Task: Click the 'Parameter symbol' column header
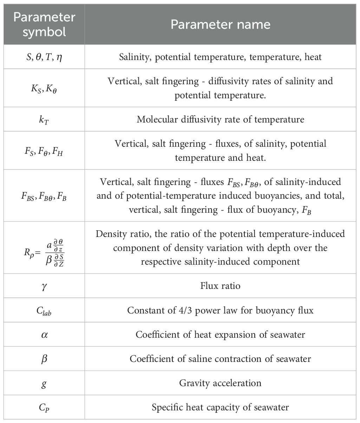tap(44, 24)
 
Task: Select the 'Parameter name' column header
tap(221, 24)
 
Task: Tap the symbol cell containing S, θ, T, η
tap(44, 57)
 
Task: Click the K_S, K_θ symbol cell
tap(44, 88)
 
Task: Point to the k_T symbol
tap(44, 120)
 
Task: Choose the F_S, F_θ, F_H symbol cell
tap(44, 151)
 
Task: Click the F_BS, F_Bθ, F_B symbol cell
tap(44, 196)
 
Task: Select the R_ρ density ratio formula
tap(44, 248)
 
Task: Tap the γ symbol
tap(44, 286)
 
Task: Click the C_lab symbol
tap(44, 311)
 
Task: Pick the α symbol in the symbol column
tap(44, 335)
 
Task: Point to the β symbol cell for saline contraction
tap(44, 359)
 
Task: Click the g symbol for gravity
tap(44, 383)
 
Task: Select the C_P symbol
tap(44, 407)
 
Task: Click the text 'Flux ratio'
tap(221, 286)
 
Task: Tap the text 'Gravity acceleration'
tap(221, 383)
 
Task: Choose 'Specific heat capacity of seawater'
tap(221, 407)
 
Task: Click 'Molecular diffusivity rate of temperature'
tap(221, 120)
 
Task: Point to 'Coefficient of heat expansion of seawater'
tap(221, 335)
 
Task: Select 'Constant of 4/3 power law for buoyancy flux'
tap(221, 310)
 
